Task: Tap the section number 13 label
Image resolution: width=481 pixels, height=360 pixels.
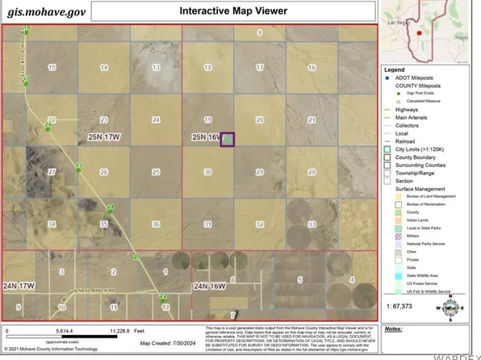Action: click(x=155, y=68)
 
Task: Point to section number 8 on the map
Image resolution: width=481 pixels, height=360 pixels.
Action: click(x=260, y=33)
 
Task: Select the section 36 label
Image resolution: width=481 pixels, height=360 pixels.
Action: click(x=155, y=224)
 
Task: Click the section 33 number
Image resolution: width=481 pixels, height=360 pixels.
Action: click(x=312, y=224)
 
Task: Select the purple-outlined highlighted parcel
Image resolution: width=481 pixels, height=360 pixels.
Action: click(x=228, y=139)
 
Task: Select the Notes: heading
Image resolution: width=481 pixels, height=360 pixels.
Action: click(x=394, y=329)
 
